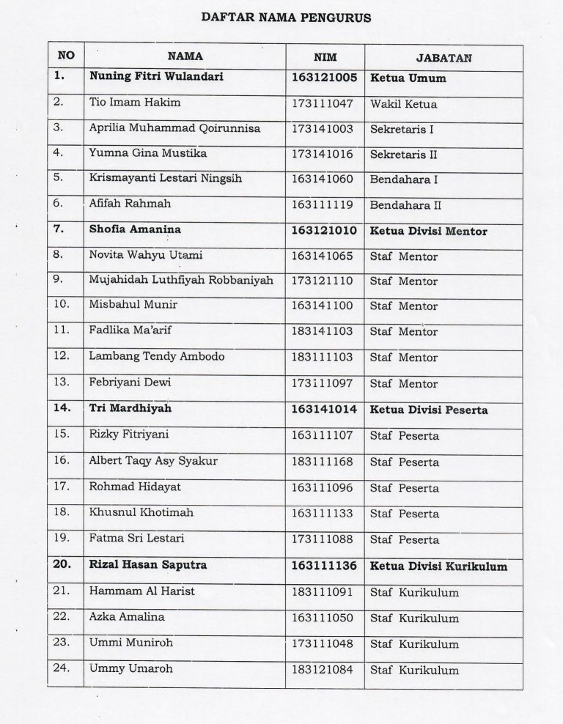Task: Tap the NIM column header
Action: tap(324, 56)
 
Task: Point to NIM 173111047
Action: tap(323, 103)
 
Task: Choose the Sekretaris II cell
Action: tap(403, 154)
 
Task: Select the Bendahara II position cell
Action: tap(405, 206)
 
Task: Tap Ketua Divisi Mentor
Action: tap(429, 231)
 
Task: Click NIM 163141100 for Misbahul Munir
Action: tap(323, 306)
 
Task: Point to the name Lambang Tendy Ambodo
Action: tap(146, 357)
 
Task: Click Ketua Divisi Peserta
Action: tap(429, 410)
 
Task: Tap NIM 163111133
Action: tap(323, 513)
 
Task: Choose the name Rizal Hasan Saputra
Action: tap(147, 565)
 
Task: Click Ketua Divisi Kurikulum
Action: tap(438, 566)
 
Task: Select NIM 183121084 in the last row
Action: tap(323, 670)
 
